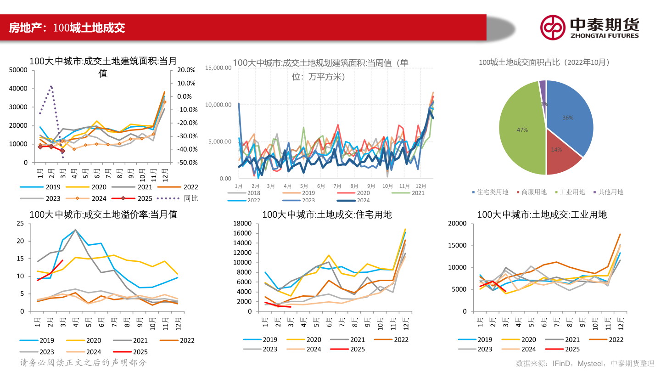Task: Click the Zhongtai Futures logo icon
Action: (552, 27)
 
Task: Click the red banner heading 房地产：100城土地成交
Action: (67, 28)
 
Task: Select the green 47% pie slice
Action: (521, 131)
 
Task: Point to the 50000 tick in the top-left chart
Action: (18, 70)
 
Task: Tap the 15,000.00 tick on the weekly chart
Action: (218, 68)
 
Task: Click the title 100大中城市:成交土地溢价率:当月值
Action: (103, 214)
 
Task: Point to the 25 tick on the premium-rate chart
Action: (20, 224)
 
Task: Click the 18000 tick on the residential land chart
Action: (242, 224)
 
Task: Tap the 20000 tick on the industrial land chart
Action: (457, 224)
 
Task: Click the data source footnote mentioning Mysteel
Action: (585, 363)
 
